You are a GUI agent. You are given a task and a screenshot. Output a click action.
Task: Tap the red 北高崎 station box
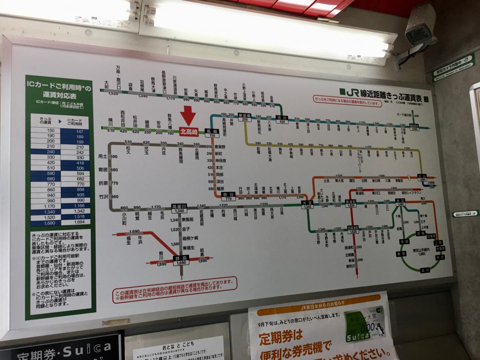pyautogui.click(x=189, y=131)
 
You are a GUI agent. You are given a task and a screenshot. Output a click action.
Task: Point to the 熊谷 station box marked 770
pyautogui.click(x=228, y=196)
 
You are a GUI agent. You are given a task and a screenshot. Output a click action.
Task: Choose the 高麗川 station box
pyautogui.click(x=179, y=208)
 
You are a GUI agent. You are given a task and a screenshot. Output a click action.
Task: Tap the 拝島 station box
pyautogui.click(x=181, y=260)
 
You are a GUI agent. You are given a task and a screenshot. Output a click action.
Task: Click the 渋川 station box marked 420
pyautogui.click(x=282, y=120)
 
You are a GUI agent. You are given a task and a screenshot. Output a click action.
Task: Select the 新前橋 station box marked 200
pyautogui.click(x=245, y=117)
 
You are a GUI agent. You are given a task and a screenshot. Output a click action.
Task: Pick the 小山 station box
pyautogui.click(x=422, y=178)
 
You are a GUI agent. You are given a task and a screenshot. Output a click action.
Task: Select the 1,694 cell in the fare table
pyautogui.click(x=76, y=223)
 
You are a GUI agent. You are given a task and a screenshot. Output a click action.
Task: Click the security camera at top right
pyautogui.click(x=419, y=32)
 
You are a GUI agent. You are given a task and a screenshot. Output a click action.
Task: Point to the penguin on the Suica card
pyautogui.click(x=379, y=329)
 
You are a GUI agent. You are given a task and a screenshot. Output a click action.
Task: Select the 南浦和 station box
pyautogui.click(x=351, y=203)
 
